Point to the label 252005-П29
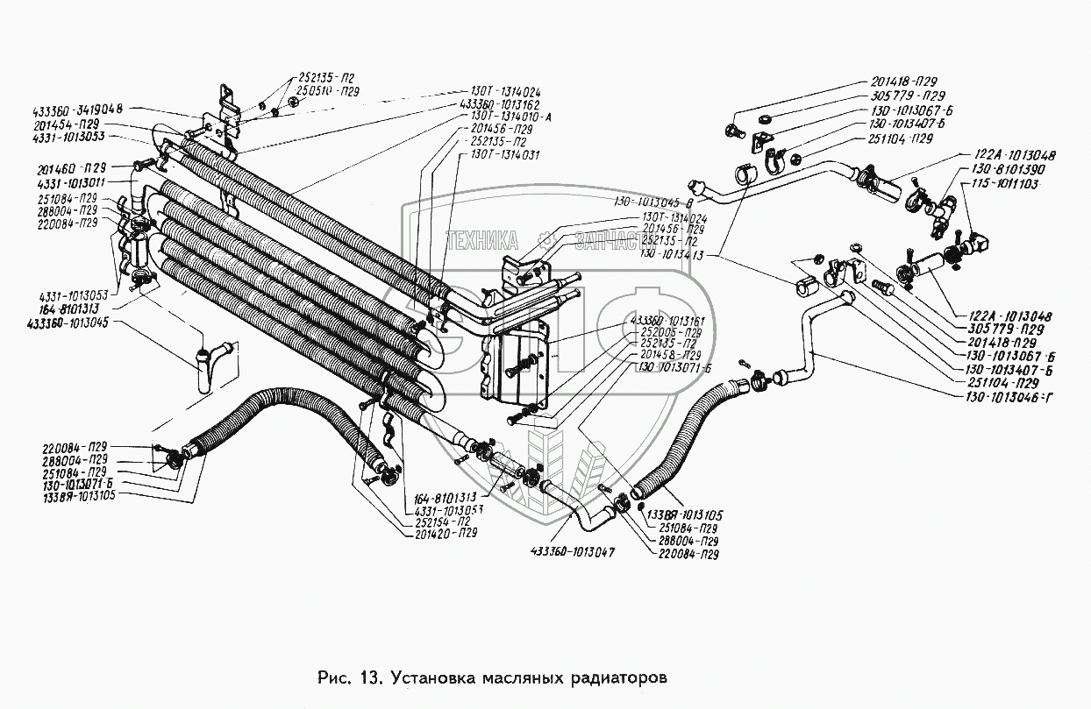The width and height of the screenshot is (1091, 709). (x=670, y=334)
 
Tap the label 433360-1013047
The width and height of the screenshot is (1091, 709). (x=572, y=553)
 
